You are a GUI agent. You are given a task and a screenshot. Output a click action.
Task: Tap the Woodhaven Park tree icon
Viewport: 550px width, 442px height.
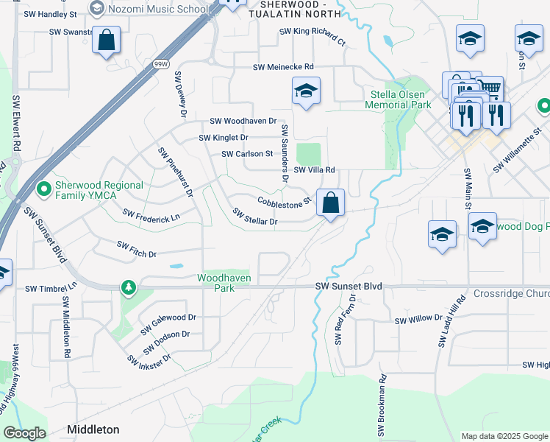point(129,286)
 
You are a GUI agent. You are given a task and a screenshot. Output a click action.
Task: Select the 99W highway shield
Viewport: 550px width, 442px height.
point(161,65)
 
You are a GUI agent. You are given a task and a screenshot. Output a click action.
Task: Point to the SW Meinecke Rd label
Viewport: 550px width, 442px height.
point(283,67)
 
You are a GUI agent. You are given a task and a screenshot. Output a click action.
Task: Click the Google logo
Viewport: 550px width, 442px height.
point(24,433)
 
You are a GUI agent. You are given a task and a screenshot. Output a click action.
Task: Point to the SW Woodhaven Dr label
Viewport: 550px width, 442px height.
point(243,121)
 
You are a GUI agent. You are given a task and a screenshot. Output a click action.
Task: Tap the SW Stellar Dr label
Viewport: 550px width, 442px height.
point(255,217)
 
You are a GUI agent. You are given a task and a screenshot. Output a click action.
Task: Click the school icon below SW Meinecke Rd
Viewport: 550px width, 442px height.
point(306,91)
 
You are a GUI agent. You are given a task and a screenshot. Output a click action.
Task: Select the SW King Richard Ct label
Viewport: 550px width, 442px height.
point(312,35)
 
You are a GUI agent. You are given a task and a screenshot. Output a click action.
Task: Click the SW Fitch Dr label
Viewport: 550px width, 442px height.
point(137,249)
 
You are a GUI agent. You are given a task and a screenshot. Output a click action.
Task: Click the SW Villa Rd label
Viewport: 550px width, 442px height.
point(315,170)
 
